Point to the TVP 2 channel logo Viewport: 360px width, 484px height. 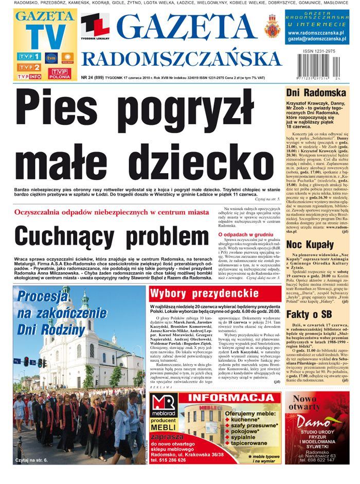click(x=28, y=67)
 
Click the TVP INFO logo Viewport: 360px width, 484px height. click(x=29, y=77)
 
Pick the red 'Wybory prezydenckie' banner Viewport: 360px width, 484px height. click(x=215, y=293)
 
